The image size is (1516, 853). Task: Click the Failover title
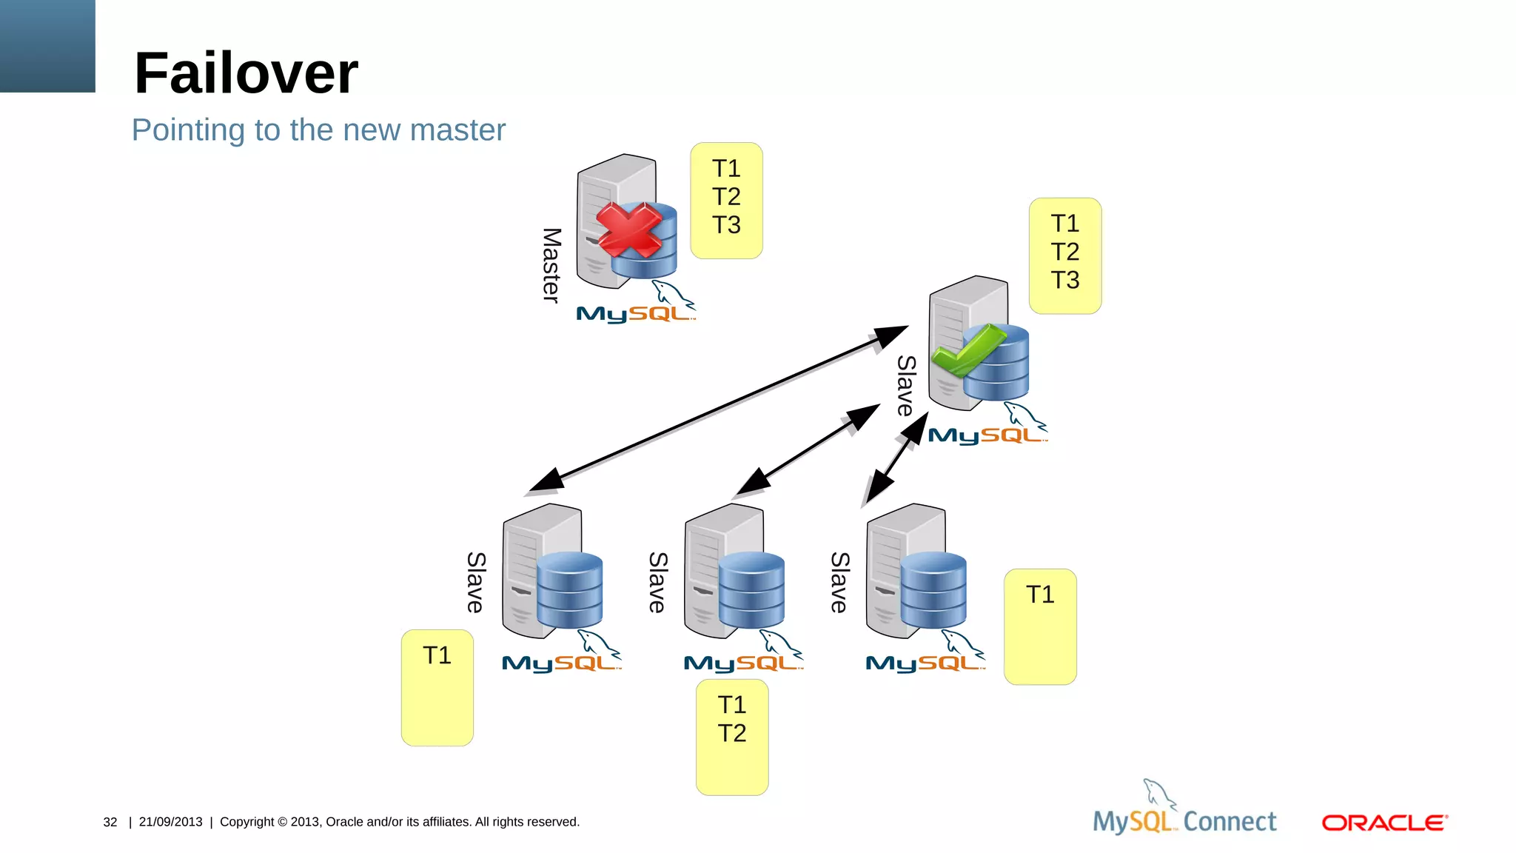tap(246, 73)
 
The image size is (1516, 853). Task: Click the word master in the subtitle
tap(457, 130)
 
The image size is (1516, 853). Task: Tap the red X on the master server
tap(628, 230)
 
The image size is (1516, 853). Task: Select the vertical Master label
tap(551, 265)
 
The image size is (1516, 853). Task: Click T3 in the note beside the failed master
tap(726, 225)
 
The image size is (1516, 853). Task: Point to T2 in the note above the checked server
tap(1064, 252)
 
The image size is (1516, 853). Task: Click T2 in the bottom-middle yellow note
tap(731, 733)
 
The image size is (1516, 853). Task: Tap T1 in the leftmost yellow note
tap(437, 655)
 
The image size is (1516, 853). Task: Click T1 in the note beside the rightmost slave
tap(1039, 595)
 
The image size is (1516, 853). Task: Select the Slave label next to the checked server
tap(906, 386)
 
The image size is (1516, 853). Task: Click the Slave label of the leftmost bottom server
tap(476, 582)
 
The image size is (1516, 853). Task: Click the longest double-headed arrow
tap(718, 409)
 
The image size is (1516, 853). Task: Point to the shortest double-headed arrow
tap(896, 459)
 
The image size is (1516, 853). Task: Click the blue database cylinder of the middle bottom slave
tap(751, 590)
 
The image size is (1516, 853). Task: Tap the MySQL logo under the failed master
tap(635, 313)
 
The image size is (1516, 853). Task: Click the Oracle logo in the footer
tap(1384, 823)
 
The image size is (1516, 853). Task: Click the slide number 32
tap(110, 822)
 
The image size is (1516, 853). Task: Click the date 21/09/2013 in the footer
tap(170, 822)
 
